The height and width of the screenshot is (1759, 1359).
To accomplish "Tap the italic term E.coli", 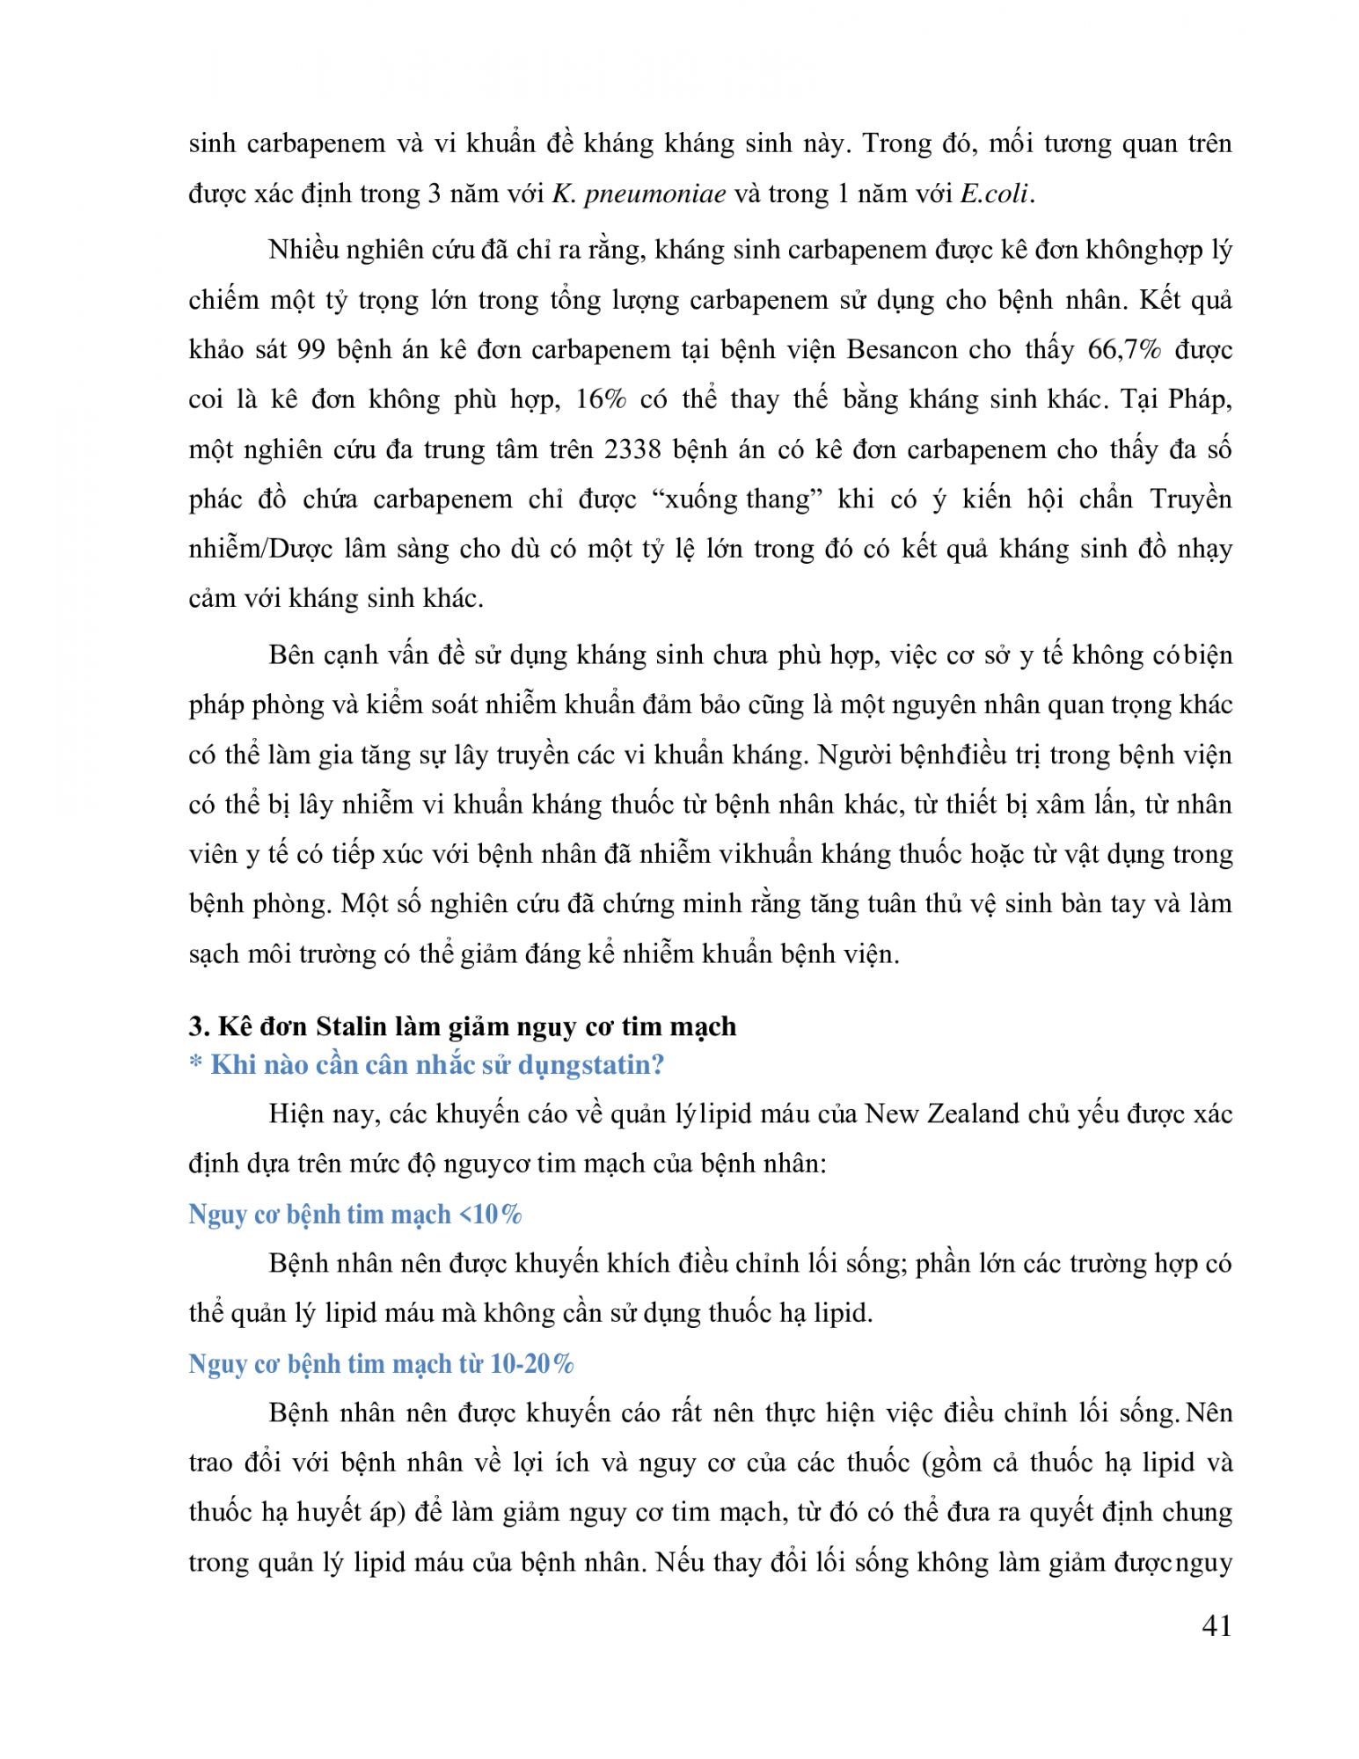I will click(x=995, y=194).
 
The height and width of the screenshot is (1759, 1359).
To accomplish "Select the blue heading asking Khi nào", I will click(x=427, y=1065).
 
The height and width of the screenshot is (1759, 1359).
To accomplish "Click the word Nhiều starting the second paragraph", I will click(x=302, y=251).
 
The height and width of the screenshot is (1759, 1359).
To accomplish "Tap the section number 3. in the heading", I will click(x=198, y=1026).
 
